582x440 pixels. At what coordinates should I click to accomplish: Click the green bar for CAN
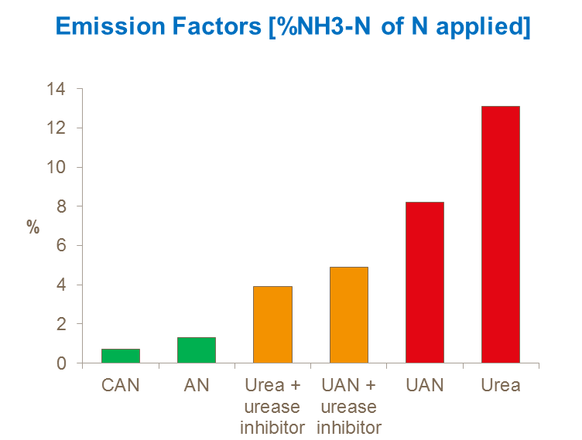pyautogui.click(x=121, y=356)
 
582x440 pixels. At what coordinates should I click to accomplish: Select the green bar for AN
pyautogui.click(x=197, y=350)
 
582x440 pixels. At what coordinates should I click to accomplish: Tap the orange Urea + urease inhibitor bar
pyautogui.click(x=273, y=325)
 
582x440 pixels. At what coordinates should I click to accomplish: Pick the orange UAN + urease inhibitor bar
pyautogui.click(x=349, y=315)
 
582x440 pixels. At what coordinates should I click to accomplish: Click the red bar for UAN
pyautogui.click(x=425, y=282)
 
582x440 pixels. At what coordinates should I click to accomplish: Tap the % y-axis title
pyautogui.click(x=33, y=227)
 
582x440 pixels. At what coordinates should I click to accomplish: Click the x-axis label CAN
pyautogui.click(x=121, y=384)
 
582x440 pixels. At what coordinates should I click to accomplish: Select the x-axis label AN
pyautogui.click(x=197, y=384)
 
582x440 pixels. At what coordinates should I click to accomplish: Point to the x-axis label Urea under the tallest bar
pyautogui.click(x=501, y=384)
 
